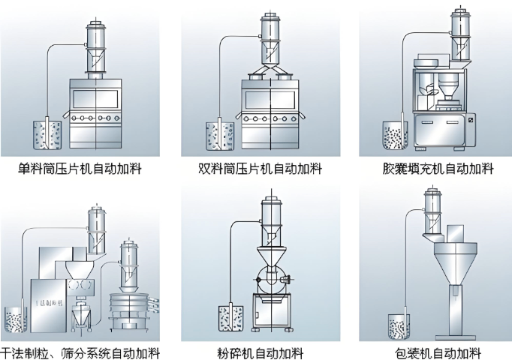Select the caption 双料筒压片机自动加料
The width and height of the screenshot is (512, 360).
click(x=257, y=169)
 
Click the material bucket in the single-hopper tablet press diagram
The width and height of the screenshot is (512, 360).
click(x=47, y=136)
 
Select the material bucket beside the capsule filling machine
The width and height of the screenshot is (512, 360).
click(x=396, y=136)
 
